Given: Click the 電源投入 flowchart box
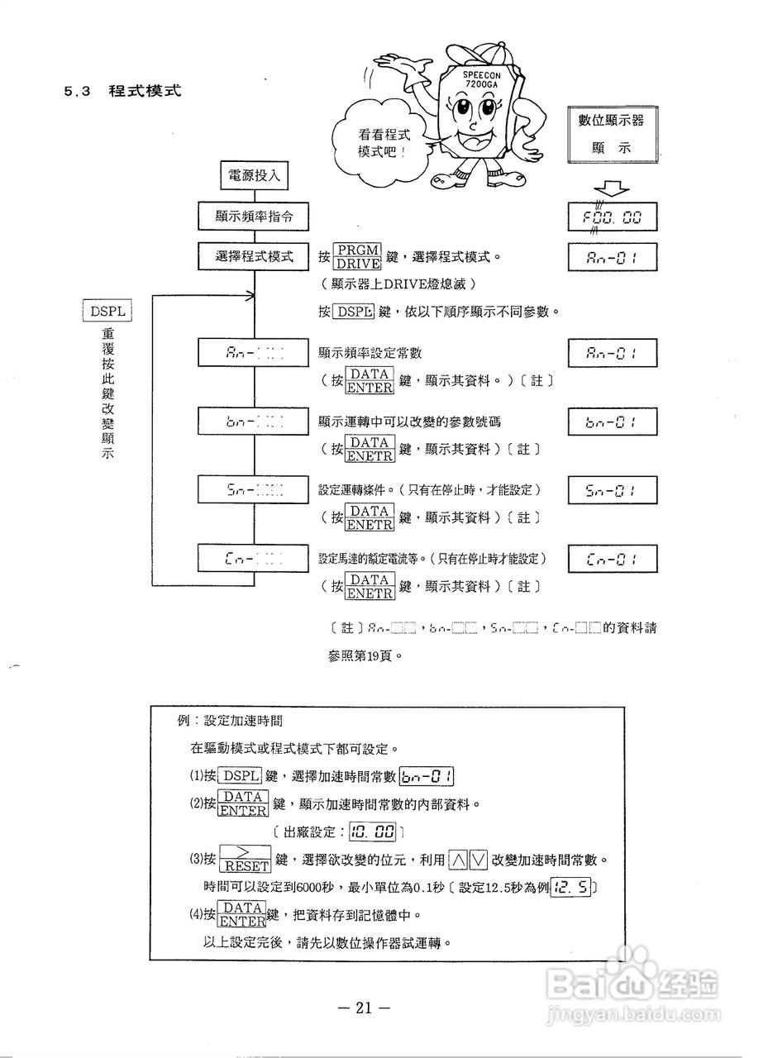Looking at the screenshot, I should (254, 175).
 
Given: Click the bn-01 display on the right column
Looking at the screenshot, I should (613, 422).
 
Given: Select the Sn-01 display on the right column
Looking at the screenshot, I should (613, 490).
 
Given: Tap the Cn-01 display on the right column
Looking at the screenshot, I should (613, 559).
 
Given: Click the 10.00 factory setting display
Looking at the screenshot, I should (374, 831).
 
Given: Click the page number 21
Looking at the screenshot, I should (363, 1008).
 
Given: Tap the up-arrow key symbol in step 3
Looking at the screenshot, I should (457, 860).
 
